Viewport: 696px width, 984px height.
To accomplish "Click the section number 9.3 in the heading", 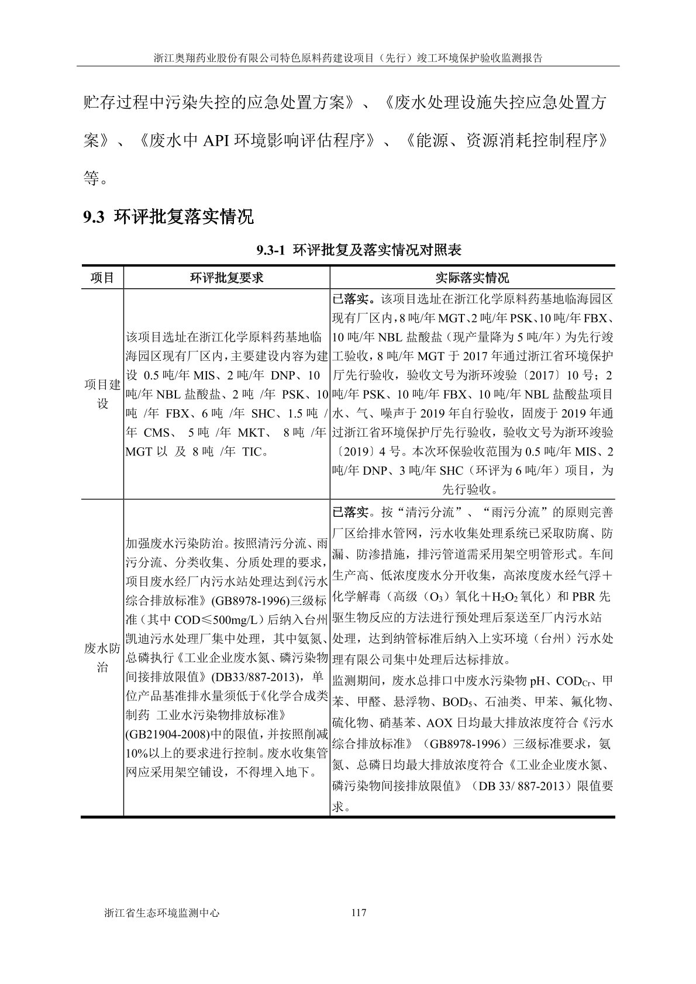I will click(94, 217).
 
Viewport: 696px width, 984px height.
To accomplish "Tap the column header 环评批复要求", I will click(226, 278).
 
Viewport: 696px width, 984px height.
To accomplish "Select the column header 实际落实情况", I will click(472, 278).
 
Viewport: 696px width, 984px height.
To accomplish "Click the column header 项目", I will click(102, 278).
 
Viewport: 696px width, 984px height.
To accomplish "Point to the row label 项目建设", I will click(102, 394).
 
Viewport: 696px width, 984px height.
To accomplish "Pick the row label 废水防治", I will click(102, 657).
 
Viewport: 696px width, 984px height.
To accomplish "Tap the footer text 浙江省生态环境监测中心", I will click(161, 913).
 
